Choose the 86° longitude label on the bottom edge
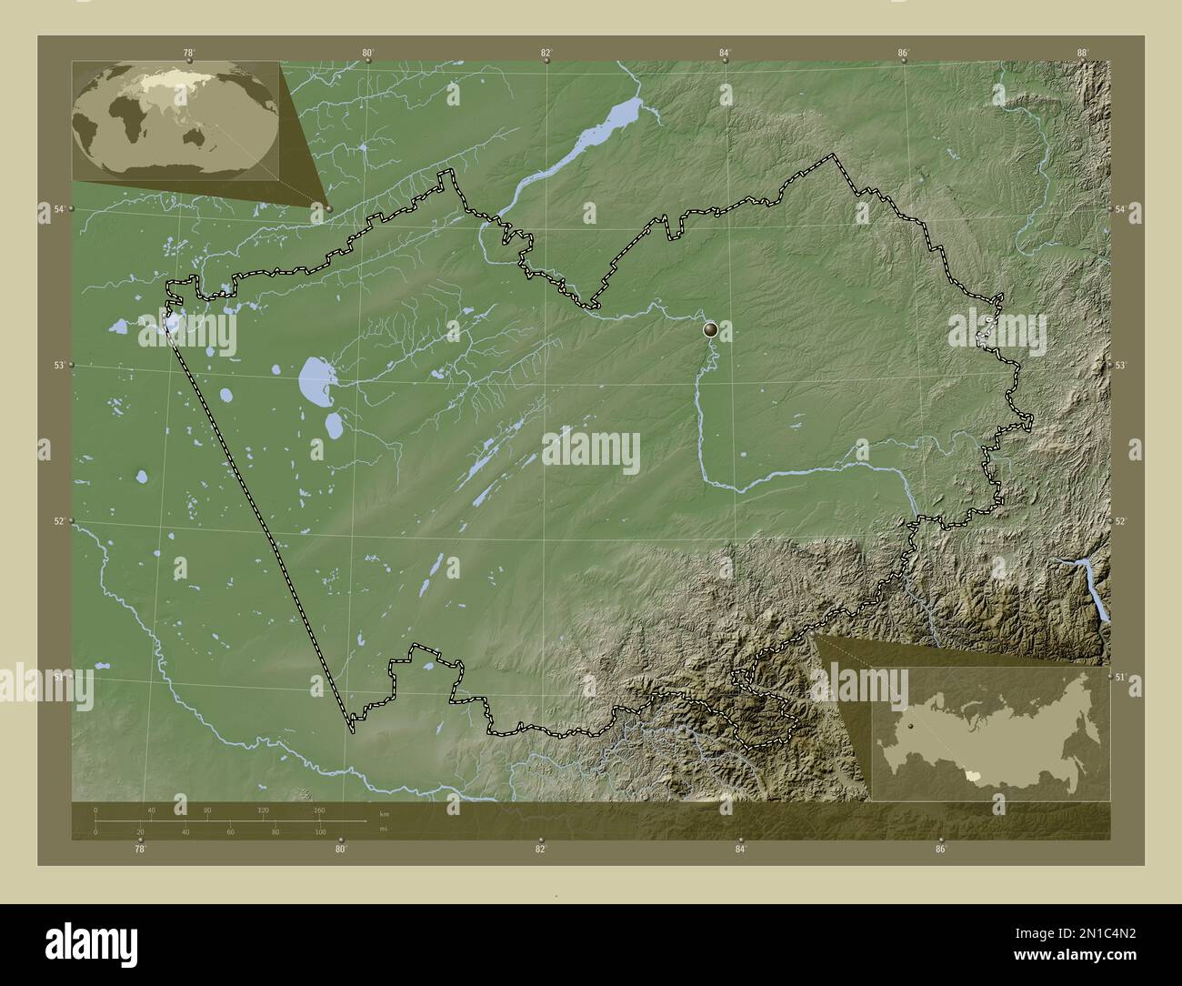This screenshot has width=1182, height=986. [x=940, y=850]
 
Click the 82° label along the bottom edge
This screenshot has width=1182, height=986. [x=541, y=850]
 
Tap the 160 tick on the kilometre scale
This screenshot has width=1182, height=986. [x=319, y=810]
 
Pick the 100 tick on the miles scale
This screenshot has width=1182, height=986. [x=321, y=832]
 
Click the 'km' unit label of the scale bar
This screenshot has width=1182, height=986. [x=384, y=814]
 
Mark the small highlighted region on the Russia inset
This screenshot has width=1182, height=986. [x=975, y=777]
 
